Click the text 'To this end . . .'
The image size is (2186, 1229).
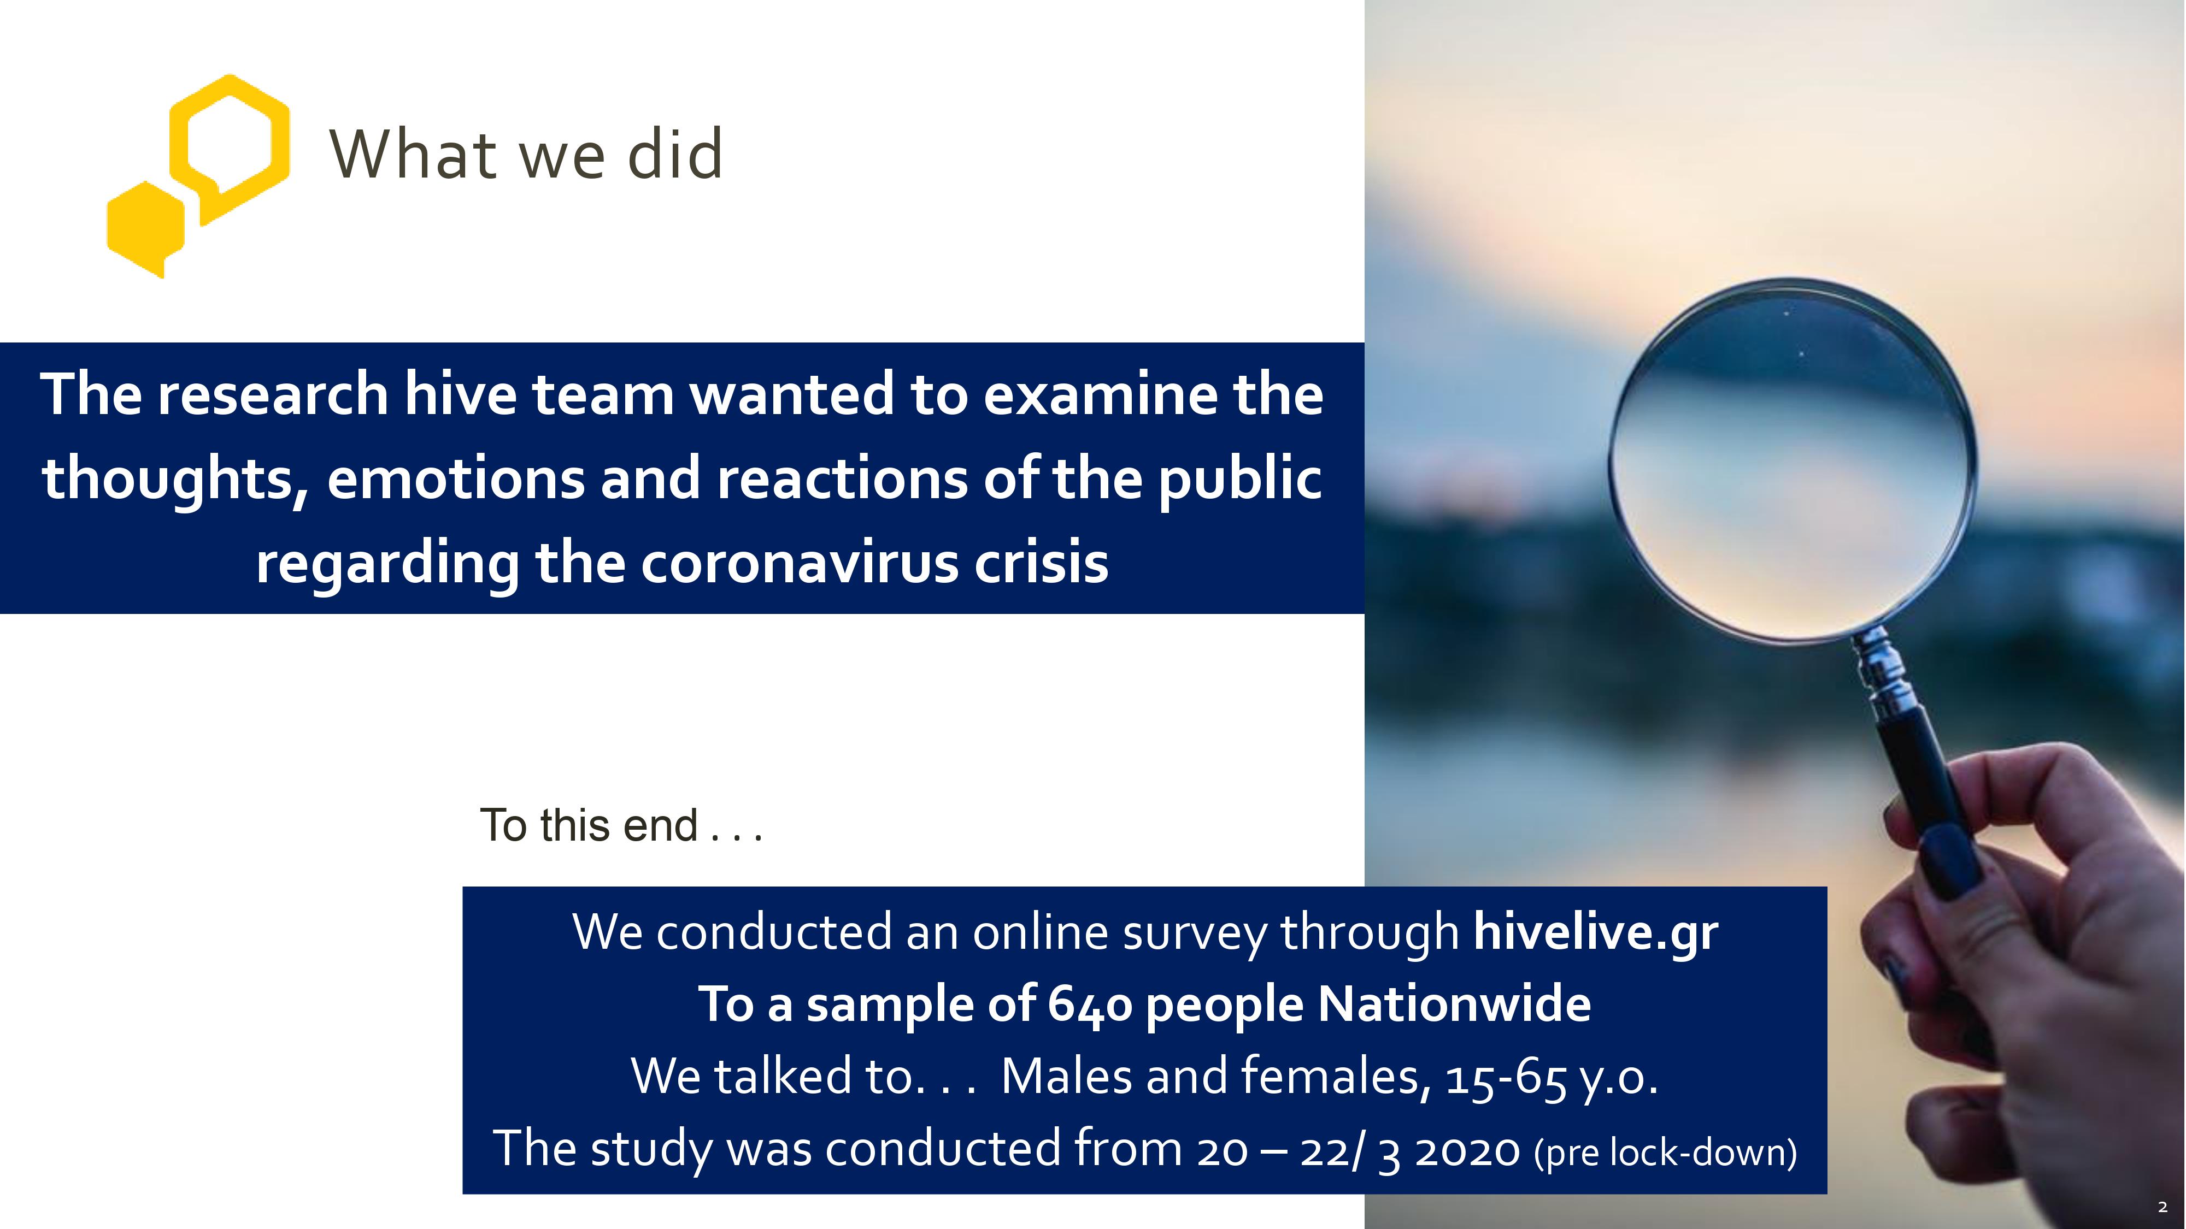621,825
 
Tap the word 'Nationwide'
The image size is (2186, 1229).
1454,1005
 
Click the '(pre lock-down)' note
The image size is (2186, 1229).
1666,1152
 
